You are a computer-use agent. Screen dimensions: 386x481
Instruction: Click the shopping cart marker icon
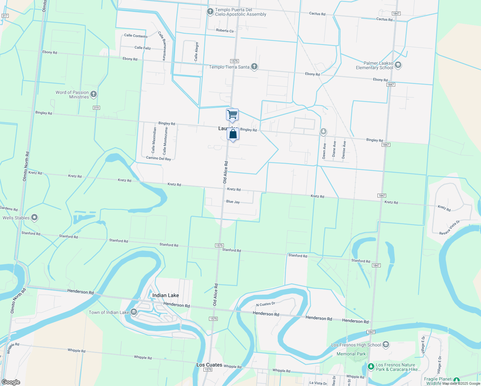click(232, 115)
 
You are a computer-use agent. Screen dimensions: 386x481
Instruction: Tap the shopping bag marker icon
click(233, 134)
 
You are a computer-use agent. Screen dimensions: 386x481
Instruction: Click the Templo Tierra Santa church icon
click(254, 67)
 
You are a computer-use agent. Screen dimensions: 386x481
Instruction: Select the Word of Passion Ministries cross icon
click(94, 94)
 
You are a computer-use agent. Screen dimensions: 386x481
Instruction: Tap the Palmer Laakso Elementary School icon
click(398, 65)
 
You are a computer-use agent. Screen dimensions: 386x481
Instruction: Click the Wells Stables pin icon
click(34, 218)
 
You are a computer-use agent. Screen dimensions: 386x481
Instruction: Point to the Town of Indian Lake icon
click(134, 312)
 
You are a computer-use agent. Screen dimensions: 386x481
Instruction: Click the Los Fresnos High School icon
click(386, 345)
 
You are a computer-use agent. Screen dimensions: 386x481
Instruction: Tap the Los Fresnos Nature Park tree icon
click(371, 366)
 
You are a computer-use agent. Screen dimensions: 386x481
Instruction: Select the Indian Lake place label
click(166, 295)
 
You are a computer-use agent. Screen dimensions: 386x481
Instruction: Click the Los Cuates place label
click(209, 365)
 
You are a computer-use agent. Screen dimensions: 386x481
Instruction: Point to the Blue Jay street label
click(233, 202)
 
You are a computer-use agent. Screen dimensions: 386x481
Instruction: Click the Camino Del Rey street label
click(159, 158)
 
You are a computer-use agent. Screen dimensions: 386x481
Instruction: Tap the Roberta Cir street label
click(225, 31)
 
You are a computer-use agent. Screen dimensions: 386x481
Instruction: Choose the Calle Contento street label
click(136, 36)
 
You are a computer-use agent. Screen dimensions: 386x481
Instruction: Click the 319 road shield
click(96, 108)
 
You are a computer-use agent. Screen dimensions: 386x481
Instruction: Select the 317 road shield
click(5, 16)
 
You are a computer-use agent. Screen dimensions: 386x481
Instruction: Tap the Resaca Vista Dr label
click(449, 227)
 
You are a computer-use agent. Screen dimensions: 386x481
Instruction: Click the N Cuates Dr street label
click(266, 304)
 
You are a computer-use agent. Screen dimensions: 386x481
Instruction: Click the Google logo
click(11, 382)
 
